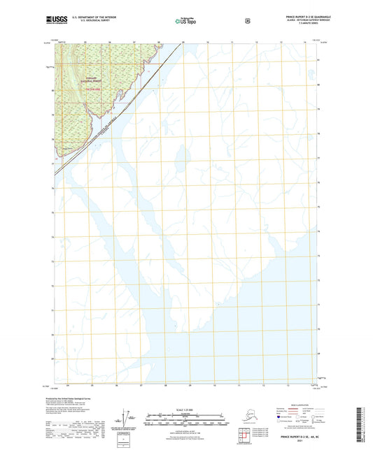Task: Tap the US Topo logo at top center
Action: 186,20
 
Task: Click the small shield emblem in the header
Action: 248,20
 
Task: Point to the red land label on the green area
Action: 96,88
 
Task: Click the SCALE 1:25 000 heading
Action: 185,409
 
